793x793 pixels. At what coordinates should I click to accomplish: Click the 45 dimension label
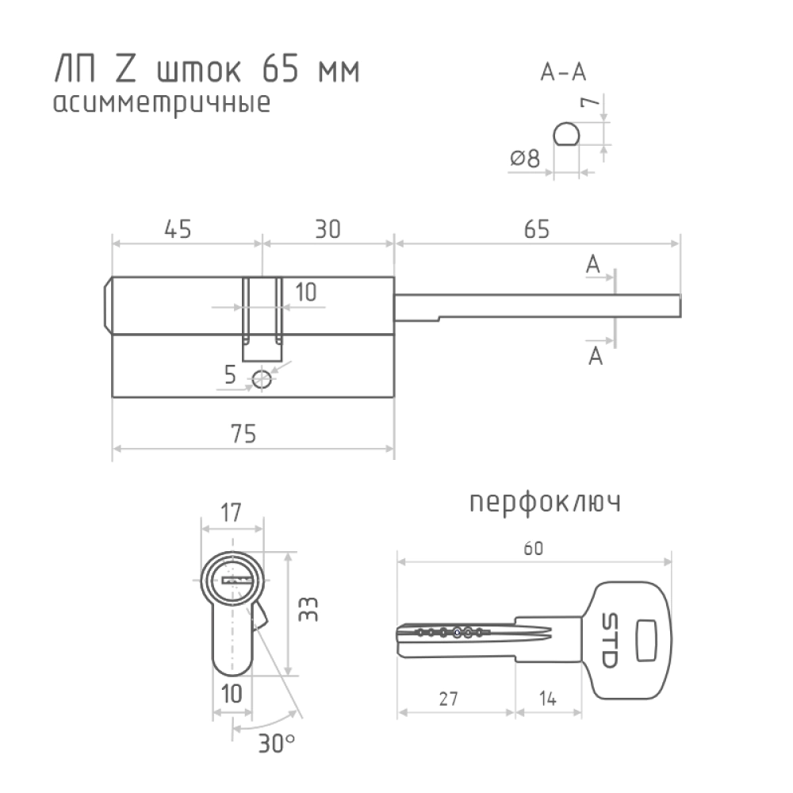[x=178, y=229]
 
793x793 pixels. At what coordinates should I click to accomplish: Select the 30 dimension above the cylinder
[x=328, y=229]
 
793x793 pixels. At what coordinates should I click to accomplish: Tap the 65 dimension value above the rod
[x=537, y=229]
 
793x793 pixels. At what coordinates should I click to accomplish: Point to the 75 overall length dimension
[x=243, y=434]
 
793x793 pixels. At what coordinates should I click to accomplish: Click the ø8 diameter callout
[x=525, y=159]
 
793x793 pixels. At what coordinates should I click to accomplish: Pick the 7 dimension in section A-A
[x=589, y=102]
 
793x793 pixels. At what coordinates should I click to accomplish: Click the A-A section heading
[x=563, y=72]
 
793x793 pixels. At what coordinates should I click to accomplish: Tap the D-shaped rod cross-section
[x=566, y=134]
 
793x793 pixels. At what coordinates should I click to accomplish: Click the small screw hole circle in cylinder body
[x=262, y=379]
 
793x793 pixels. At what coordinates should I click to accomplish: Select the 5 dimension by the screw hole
[x=230, y=375]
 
